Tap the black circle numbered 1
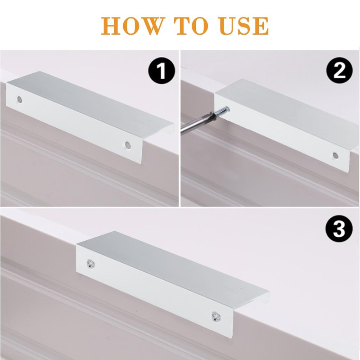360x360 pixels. point(161,72)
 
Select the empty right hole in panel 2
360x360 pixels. point(335,155)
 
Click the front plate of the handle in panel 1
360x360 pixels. point(72,121)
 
